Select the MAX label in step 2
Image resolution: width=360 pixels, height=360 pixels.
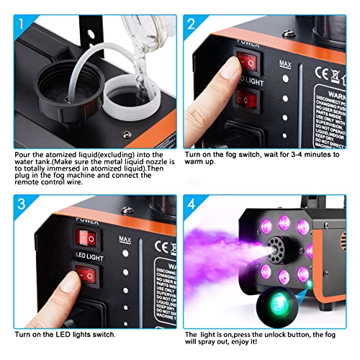click(x=286, y=63)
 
